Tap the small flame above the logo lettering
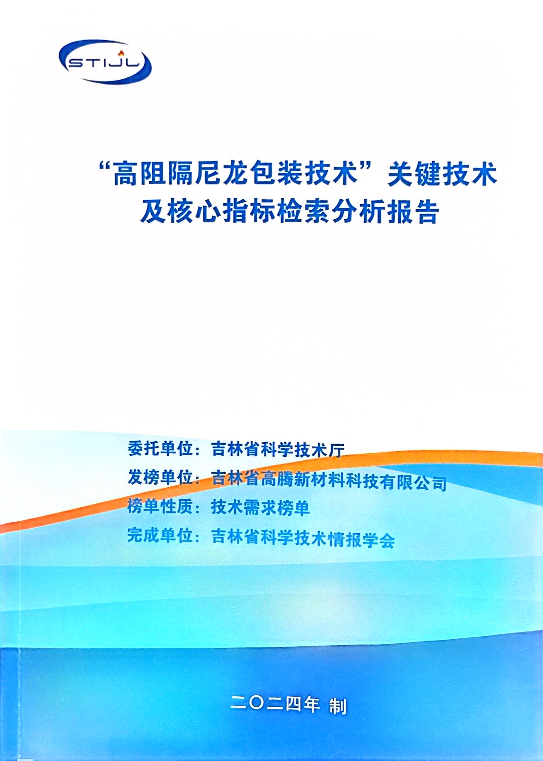pos(122,53)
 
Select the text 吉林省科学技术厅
pos(278,450)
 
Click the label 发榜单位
pos(161,477)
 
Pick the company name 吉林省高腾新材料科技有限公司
pos(329,481)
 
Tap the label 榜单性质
pos(161,506)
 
